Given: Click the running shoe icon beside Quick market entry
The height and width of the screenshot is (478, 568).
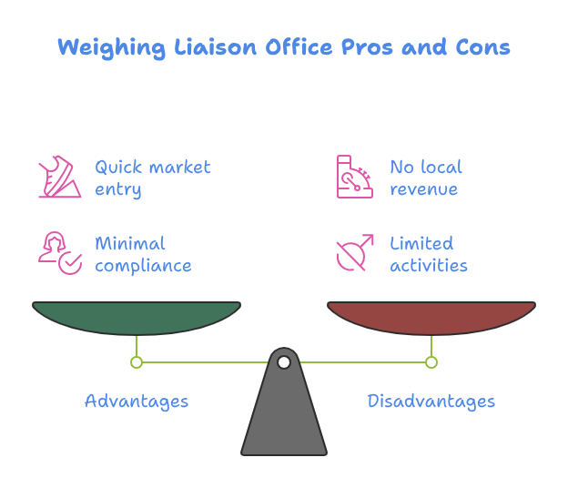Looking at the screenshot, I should (60, 178).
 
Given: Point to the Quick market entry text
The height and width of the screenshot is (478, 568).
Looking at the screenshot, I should (152, 178).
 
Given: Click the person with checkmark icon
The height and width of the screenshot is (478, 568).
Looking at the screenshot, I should (60, 253).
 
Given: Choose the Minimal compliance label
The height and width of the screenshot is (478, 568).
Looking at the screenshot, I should (143, 254).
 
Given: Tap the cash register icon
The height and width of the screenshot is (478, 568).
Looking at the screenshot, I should (354, 177).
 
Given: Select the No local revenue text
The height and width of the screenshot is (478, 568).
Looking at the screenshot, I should (425, 178).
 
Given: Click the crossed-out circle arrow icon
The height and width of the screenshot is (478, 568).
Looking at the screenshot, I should (354, 253).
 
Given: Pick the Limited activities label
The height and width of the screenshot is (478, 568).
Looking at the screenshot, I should (428, 254).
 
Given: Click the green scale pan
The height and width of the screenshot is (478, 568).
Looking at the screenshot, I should (137, 317).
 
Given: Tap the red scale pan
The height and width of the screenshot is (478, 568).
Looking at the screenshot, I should (431, 317).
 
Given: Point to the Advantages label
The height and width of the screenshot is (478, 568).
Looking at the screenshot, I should (137, 401).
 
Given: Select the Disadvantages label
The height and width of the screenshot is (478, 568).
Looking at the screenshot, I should (431, 401).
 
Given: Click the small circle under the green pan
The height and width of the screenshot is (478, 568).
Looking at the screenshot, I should (137, 362).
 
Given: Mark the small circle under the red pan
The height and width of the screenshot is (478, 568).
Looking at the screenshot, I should (431, 362).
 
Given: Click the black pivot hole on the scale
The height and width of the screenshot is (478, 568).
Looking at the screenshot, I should (284, 362).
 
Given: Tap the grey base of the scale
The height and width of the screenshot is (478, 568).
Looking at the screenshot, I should (284, 419).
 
